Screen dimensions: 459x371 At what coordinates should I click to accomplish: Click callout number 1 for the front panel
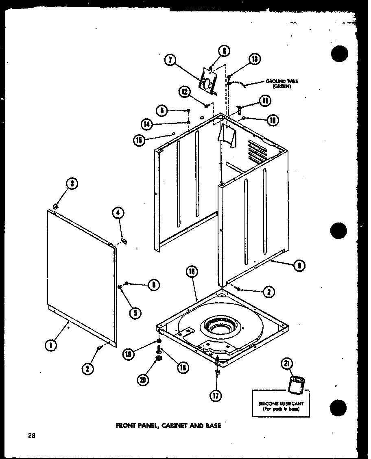click(50, 346)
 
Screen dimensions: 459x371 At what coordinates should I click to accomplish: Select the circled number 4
click(118, 212)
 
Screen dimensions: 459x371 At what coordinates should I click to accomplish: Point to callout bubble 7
click(170, 60)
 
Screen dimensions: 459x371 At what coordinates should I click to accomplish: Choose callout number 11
click(265, 101)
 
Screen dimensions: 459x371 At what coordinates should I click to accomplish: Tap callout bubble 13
click(254, 59)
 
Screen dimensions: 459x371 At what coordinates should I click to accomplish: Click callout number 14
click(146, 123)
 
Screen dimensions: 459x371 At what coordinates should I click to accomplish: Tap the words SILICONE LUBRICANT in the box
click(281, 403)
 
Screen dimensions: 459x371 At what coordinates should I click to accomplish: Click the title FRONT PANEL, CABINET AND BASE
click(168, 426)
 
